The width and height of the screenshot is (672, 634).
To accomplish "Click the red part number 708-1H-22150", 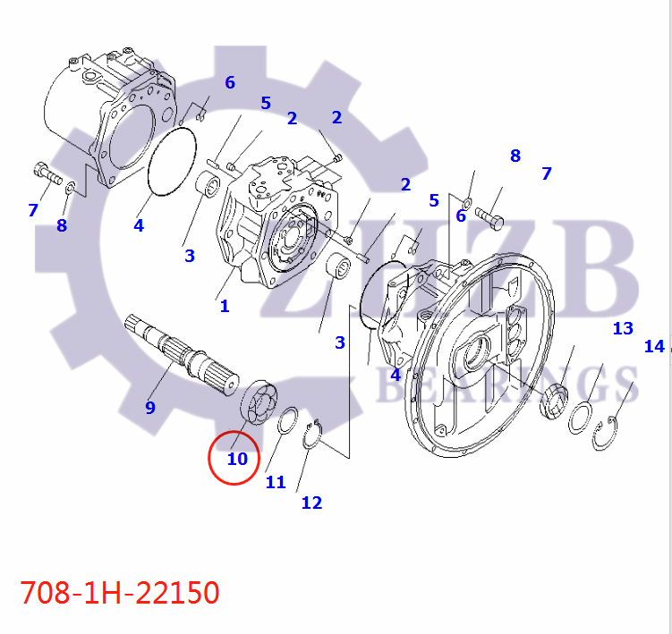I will pos(120,592).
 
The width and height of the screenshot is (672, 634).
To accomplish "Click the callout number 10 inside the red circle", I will pos(237,459).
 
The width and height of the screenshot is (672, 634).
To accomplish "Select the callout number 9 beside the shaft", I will pos(150,408).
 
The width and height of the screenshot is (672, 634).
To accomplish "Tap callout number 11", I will pos(276,482).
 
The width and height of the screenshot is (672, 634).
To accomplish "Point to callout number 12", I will pos(311,503).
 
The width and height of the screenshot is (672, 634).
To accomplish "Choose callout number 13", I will pos(623,328).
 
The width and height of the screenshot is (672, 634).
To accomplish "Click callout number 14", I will pos(654,346).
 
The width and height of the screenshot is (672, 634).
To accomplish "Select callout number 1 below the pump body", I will pos(225,306).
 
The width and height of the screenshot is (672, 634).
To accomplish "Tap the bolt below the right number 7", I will pos(488,216).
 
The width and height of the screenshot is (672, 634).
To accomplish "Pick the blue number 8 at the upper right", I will pos(515,156).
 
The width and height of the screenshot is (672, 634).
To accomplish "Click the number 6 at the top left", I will pos(230,83).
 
